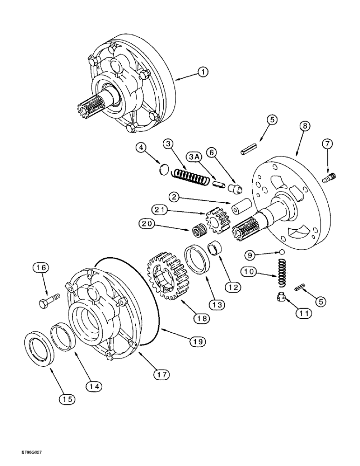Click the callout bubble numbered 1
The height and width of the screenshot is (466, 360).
(x=202, y=72)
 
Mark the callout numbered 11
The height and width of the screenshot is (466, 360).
(x=304, y=314)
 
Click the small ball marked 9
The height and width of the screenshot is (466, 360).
(x=282, y=252)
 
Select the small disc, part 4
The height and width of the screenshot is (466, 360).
(x=163, y=168)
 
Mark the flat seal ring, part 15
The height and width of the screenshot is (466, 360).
(x=40, y=348)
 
